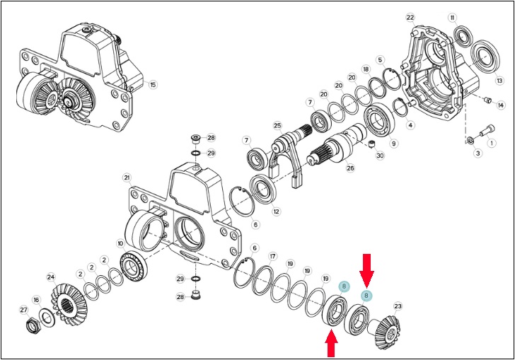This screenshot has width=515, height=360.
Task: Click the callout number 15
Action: pos(153,84)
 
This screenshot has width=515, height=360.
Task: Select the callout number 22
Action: pos(410,18)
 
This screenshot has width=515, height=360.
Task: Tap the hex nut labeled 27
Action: pos(33,325)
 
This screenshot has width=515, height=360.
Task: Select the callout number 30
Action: pos(380,155)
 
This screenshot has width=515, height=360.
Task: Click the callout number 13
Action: pos(499,81)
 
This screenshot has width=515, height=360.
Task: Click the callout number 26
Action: pos(350,168)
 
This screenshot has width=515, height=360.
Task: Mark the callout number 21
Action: pos(127,178)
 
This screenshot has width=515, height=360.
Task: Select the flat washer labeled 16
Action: pos(47,317)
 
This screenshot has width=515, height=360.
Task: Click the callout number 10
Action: pos(120,244)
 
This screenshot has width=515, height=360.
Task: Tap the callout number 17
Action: pos(272,256)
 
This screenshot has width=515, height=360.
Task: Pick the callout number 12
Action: pos(277,211)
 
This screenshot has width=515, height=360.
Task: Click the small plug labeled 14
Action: pos(488,99)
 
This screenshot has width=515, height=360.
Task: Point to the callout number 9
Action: pos(393,143)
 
